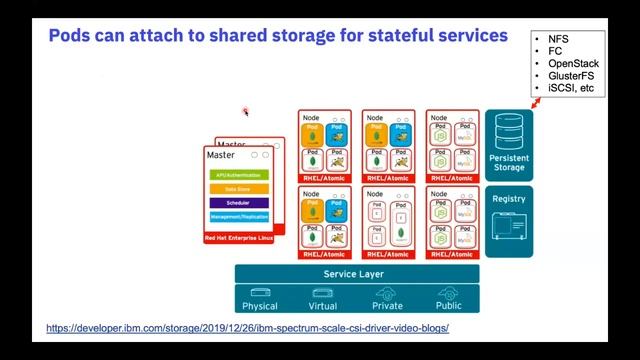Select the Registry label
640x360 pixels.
pos(509,199)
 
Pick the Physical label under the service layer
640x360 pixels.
pos(259,306)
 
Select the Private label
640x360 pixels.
pos(387,306)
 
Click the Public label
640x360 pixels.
pos(449,306)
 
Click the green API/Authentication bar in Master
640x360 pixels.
pos(238,174)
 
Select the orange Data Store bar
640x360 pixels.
pos(238,188)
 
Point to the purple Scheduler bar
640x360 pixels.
pos(238,202)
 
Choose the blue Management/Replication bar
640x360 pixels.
pos(238,216)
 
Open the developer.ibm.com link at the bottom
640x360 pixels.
pos(248,328)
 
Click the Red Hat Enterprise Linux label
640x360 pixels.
pos(238,238)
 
